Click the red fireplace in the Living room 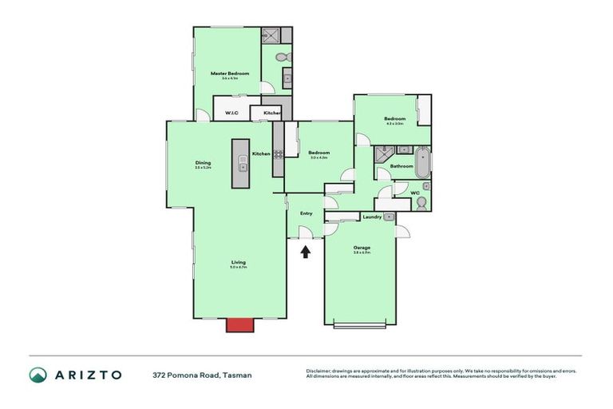[238, 324]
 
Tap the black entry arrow [305, 252]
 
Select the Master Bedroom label [230, 73]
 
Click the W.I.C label [231, 113]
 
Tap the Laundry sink [389, 216]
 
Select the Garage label [362, 247]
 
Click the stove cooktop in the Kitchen [278, 154]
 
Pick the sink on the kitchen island [242, 167]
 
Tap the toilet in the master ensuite [281, 58]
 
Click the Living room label [239, 262]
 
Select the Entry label [306, 213]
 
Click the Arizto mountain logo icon [38, 375]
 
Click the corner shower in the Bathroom [383, 154]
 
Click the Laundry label [371, 216]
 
